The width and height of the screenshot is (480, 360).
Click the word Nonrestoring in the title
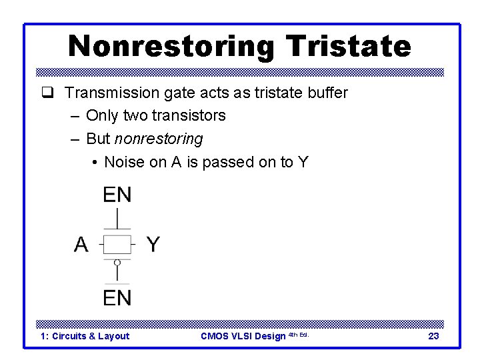coord(172,47)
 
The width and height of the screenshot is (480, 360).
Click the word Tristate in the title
coord(348,47)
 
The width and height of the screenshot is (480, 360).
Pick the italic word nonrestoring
coord(159,139)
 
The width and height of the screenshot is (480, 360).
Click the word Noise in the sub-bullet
coord(125,162)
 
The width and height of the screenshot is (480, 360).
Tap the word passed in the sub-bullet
coord(229,162)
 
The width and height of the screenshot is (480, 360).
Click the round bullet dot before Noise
coord(96,163)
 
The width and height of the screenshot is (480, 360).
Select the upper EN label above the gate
coord(117,195)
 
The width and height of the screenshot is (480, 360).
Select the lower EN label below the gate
coord(117,297)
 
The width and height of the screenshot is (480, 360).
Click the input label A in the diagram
coord(81,245)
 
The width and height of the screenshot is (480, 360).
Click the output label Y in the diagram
coord(153,245)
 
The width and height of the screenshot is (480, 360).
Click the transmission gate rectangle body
coord(117,244)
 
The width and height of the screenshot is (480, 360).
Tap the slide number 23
coord(433,336)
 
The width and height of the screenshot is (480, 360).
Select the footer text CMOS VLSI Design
coord(243,336)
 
